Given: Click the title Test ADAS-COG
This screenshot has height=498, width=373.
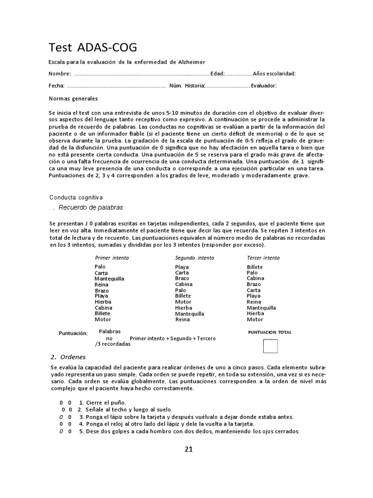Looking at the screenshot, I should [93, 47].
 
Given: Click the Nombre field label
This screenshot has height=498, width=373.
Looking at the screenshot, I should [59, 74].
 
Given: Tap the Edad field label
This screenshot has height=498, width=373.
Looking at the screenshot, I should [217, 74].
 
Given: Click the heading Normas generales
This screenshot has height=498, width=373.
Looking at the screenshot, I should [73, 99].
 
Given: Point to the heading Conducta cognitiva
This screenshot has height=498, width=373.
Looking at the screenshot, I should [76, 197].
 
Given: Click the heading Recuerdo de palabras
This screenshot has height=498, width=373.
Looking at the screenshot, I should [90, 208].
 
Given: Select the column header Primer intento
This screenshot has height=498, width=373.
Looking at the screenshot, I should [112, 258].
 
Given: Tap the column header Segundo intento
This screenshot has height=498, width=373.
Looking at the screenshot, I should [194, 258].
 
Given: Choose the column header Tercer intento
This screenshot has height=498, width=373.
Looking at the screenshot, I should [263, 258].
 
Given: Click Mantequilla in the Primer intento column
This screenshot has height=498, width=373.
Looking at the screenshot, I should [109, 279].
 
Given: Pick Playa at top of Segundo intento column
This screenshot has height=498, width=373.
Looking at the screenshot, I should [182, 267].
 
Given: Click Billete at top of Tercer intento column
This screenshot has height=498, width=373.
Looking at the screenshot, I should [254, 267].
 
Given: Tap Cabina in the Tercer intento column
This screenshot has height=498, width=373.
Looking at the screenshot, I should [255, 279].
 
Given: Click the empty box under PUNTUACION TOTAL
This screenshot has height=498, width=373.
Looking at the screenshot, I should [270, 346].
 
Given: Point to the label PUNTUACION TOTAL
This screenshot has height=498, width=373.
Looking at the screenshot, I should [270, 332].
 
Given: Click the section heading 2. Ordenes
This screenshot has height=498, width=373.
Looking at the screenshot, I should [68, 357].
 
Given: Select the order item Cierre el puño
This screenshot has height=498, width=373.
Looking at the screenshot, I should [102, 403].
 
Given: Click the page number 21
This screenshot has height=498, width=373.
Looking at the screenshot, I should [189, 449].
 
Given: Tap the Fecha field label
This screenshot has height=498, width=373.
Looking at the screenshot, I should [56, 86].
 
